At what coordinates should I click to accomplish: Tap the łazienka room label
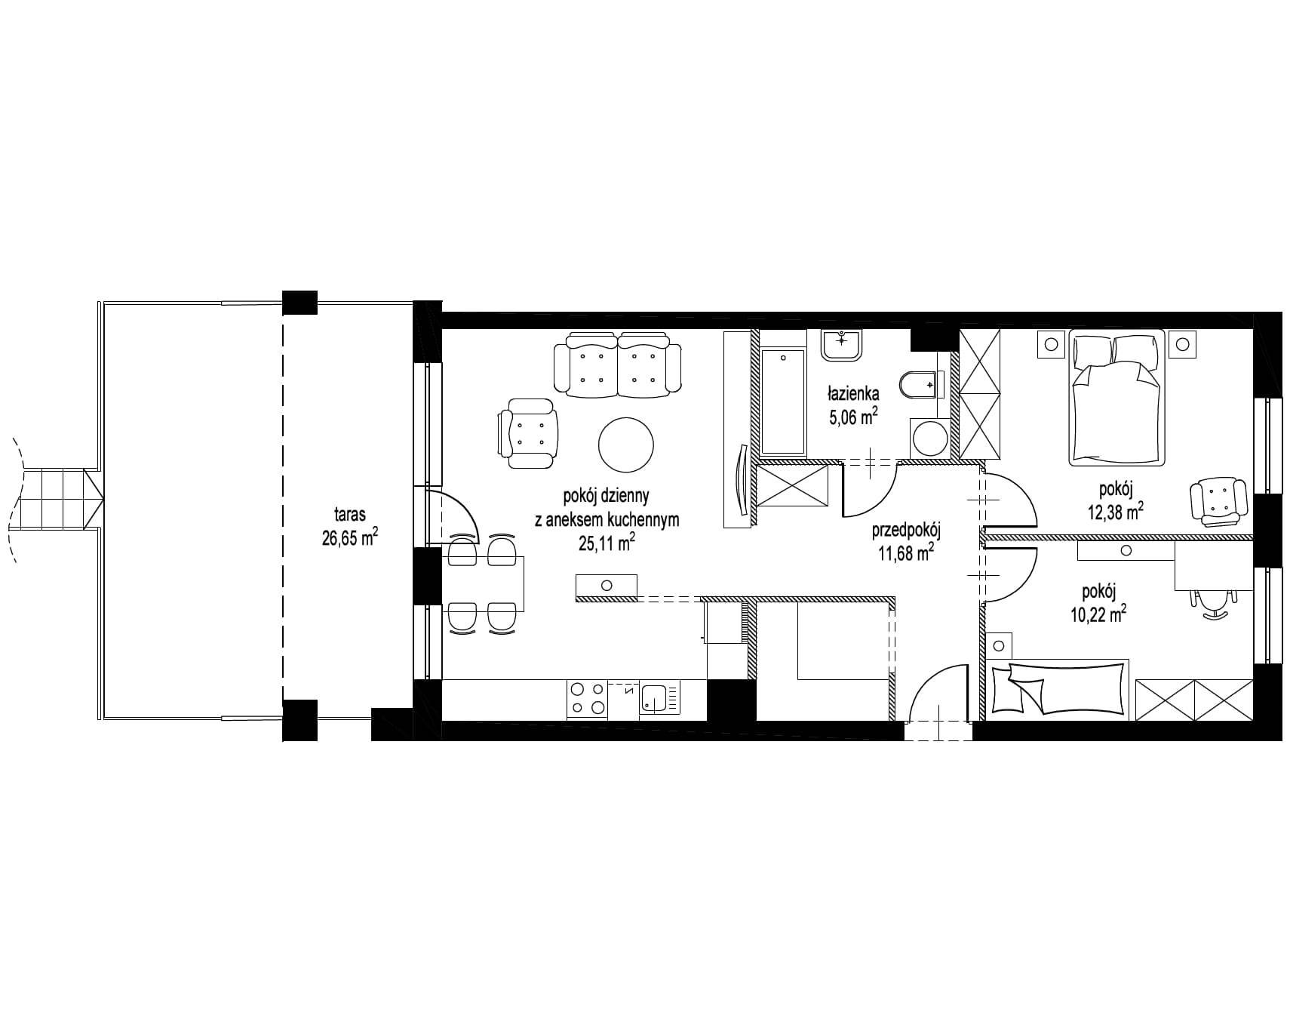(x=853, y=393)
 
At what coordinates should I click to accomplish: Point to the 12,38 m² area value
(x=1114, y=512)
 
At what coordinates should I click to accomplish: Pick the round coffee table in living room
(x=625, y=445)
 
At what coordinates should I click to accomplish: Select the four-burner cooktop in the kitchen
(x=587, y=698)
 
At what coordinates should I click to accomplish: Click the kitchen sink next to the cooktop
(x=659, y=698)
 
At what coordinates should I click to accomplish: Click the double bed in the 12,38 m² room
(x=1117, y=397)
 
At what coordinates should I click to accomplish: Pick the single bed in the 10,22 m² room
(x=1058, y=688)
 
